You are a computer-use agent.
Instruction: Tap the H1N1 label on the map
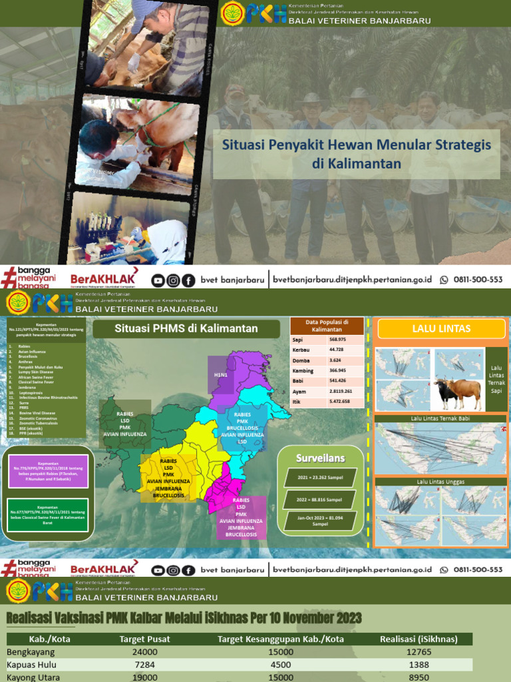click(x=220, y=376)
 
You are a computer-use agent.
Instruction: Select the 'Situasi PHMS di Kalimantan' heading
click(x=186, y=328)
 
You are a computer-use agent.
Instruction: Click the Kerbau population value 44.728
click(x=338, y=350)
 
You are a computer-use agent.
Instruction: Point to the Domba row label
click(x=301, y=360)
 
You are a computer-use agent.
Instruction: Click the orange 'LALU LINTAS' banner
click(x=441, y=328)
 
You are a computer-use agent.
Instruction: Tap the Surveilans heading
click(x=321, y=458)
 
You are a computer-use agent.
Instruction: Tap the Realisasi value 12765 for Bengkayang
click(x=419, y=651)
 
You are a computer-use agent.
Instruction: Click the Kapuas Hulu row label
click(x=31, y=665)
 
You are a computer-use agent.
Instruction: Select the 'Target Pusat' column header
click(x=144, y=639)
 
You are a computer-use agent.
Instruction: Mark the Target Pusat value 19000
click(x=144, y=677)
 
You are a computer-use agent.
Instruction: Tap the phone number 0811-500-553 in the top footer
click(x=478, y=280)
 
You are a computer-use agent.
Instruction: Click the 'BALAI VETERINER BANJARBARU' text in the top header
click(x=359, y=21)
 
